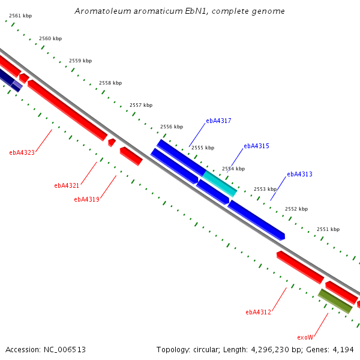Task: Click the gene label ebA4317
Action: [218, 121]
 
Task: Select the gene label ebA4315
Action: [256, 146]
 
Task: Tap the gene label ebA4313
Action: [299, 174]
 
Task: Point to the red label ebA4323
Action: [22, 152]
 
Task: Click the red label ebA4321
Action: [67, 185]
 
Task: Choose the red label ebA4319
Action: [86, 199]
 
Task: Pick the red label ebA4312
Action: [258, 312]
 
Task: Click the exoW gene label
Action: [305, 337]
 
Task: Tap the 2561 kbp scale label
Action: [20, 16]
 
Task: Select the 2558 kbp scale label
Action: [110, 83]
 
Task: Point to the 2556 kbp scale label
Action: [172, 127]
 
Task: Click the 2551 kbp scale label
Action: [328, 229]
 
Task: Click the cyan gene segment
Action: [220, 184]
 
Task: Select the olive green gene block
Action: [335, 301]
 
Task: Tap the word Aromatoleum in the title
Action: [103, 11]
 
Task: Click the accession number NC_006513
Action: [65, 350]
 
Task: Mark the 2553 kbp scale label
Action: [265, 189]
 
